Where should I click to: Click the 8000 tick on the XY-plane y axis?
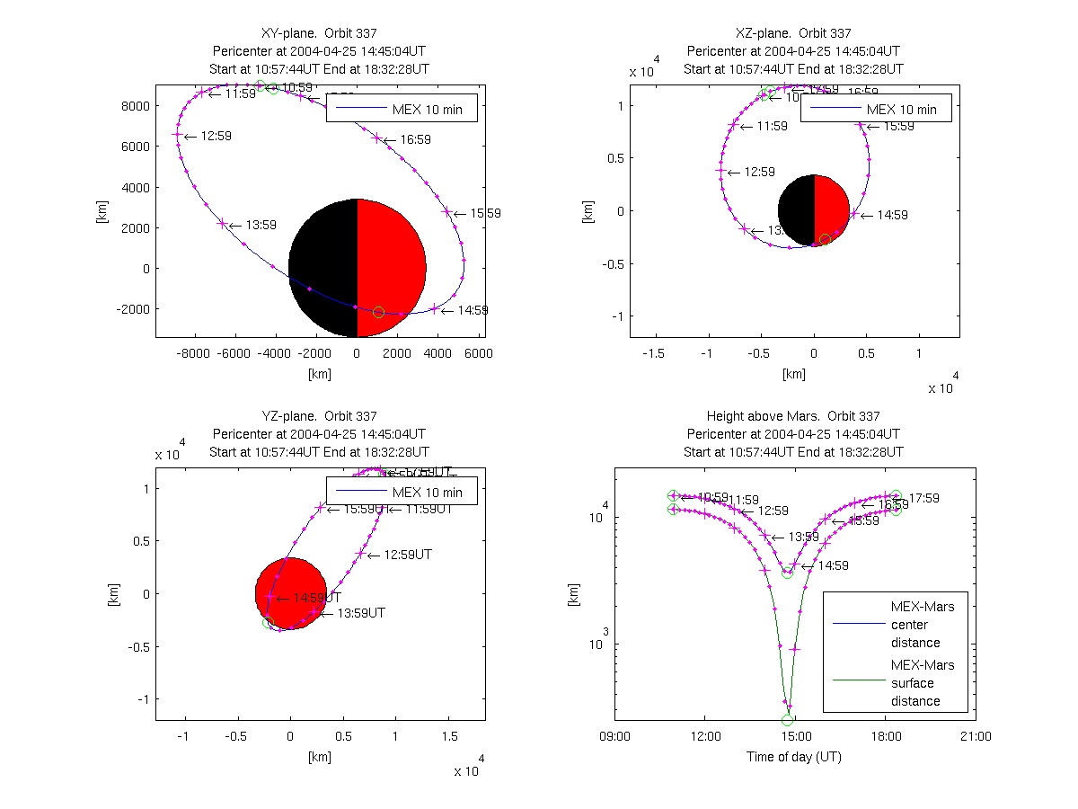pyautogui.click(x=134, y=105)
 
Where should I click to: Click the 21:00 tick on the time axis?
pyautogui.click(x=976, y=737)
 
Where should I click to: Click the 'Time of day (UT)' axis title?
pyautogui.click(x=794, y=757)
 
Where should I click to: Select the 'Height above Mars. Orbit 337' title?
pyautogui.click(x=793, y=416)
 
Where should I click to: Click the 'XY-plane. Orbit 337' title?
pyautogui.click(x=319, y=33)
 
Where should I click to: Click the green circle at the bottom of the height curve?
pyautogui.click(x=788, y=720)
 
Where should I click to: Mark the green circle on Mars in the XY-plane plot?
pyautogui.click(x=378, y=312)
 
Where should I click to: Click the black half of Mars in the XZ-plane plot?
pyautogui.click(x=796, y=211)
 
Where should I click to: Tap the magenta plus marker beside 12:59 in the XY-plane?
pyautogui.click(x=177, y=135)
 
